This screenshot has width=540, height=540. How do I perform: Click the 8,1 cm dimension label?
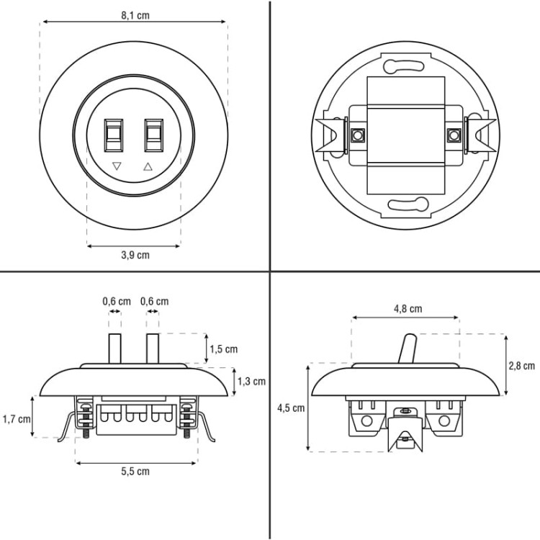(135, 16)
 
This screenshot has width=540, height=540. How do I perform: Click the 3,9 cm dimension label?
(135, 255)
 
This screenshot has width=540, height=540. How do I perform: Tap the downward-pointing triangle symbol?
(117, 166)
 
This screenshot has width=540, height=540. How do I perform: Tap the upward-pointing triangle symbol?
(148, 166)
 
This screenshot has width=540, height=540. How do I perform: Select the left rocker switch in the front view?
(114, 135)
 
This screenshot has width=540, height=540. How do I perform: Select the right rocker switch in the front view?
(153, 135)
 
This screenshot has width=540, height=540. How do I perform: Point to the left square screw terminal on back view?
(358, 135)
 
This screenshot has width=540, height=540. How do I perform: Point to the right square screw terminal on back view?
(454, 135)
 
